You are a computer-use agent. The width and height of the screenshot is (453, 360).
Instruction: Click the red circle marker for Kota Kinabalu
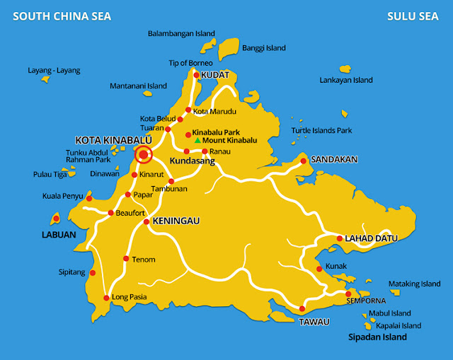(x=144, y=154)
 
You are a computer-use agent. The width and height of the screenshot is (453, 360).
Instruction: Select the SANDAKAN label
(x=334, y=160)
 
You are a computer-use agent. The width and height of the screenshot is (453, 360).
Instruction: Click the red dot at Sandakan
(x=304, y=161)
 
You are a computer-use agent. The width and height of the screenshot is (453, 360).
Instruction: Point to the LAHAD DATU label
(x=369, y=238)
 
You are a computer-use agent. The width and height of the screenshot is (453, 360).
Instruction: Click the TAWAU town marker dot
(x=302, y=308)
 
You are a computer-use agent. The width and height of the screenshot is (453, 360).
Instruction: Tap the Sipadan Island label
(x=377, y=337)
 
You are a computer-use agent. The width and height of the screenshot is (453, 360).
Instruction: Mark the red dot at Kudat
(x=196, y=74)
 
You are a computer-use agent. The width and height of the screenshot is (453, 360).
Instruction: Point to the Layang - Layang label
(x=54, y=71)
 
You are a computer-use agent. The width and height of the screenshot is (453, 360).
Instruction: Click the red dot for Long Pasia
(x=106, y=298)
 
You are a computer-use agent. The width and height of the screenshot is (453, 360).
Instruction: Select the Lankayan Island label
(x=346, y=80)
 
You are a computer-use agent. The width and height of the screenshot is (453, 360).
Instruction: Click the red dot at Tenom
(x=126, y=259)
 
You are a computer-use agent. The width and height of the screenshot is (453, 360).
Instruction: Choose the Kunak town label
(x=336, y=267)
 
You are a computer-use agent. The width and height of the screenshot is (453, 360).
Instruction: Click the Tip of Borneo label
(x=191, y=63)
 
